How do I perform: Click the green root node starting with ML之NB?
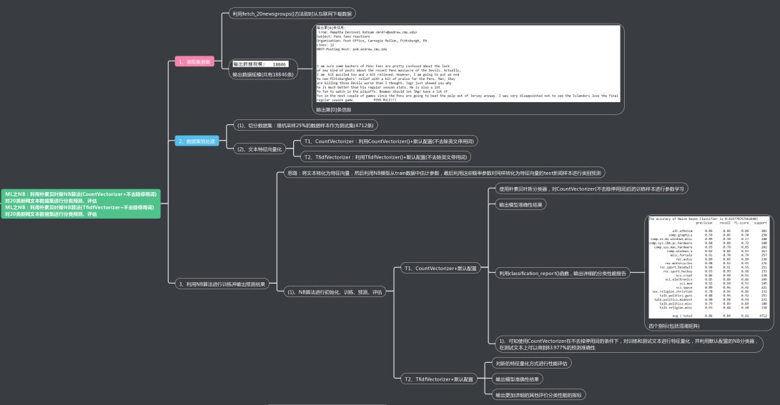tap(81, 204)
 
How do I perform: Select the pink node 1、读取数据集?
tap(194, 62)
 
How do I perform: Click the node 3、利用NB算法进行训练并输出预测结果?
tap(222, 284)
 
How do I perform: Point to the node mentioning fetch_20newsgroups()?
tap(292, 14)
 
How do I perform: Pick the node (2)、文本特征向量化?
tap(260, 149)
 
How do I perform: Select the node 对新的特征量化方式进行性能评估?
tap(533, 363)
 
